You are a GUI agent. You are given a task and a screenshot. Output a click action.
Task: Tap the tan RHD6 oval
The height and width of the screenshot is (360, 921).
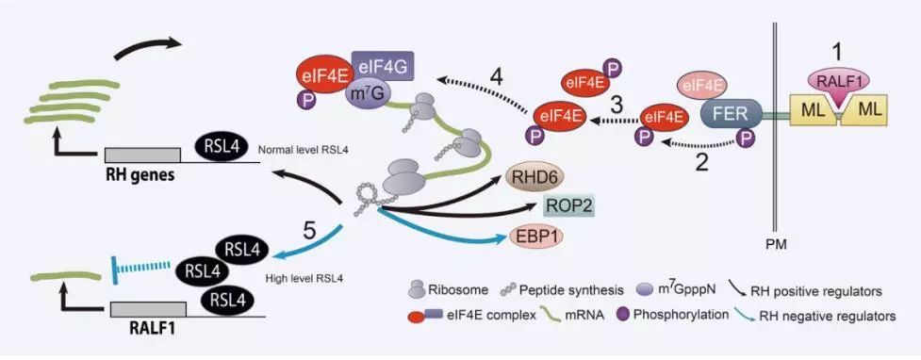tap(534, 175)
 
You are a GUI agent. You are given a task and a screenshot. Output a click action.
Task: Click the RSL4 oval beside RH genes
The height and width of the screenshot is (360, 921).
tap(223, 146)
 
